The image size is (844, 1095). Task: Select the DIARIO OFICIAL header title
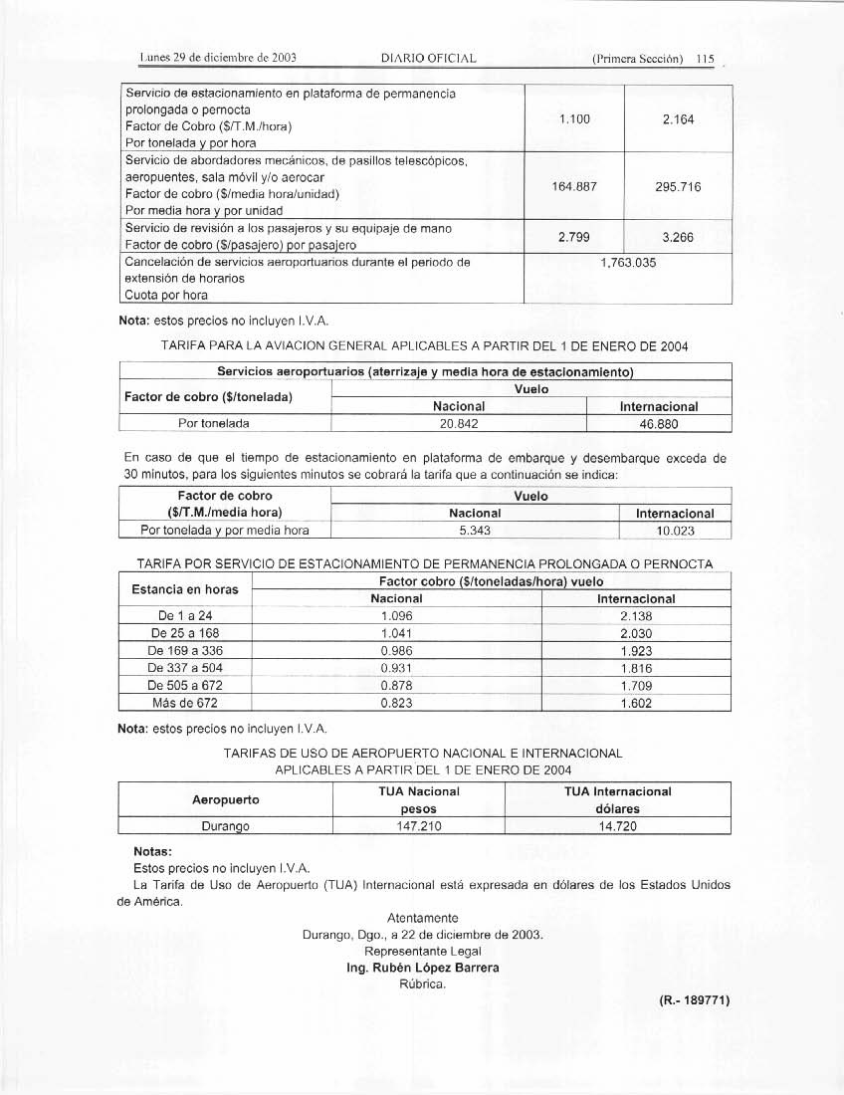coord(429,58)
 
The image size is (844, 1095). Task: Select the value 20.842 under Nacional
coord(459,423)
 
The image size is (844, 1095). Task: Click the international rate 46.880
coord(659,423)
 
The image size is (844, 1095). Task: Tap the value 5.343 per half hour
coord(460,531)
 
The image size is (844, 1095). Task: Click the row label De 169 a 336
coord(184,650)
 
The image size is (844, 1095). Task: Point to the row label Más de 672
coord(184,703)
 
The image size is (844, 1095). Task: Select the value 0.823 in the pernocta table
coord(396,703)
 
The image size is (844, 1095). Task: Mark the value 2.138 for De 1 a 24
coord(636,615)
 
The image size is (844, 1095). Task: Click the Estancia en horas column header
coord(185,590)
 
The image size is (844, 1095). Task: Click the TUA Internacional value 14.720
coord(617,826)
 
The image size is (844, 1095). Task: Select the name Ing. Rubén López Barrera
coord(422,968)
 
